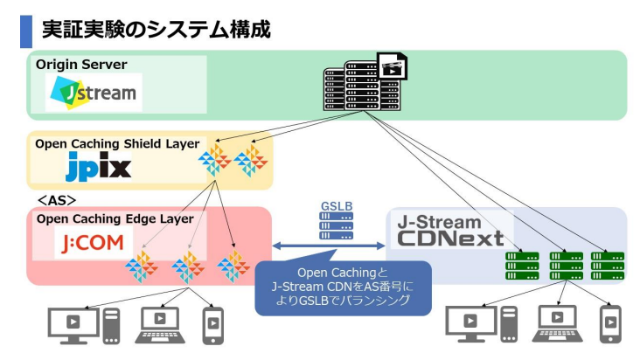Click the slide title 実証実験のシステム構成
(x=156, y=29)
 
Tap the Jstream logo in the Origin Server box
(x=94, y=91)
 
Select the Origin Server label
(x=81, y=65)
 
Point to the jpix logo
(x=98, y=166)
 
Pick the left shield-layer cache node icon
(x=215, y=161)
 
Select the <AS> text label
(x=55, y=200)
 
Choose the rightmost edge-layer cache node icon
(x=233, y=266)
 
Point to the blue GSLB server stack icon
(x=337, y=225)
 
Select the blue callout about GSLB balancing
(x=343, y=287)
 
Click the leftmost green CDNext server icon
(x=523, y=265)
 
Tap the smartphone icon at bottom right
(x=609, y=323)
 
